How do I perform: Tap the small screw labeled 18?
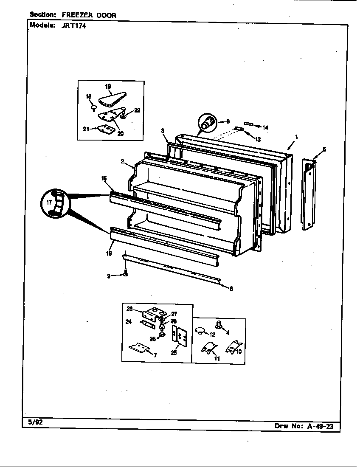pos(93,108)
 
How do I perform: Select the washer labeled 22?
pos(123,116)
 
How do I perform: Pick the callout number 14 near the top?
pos(265,127)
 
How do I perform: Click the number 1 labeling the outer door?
pos(296,137)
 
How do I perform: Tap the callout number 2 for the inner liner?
pos(122,161)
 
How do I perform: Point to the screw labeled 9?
pos(126,273)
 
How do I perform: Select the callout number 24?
pos(128,322)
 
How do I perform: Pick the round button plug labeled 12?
pos(199,330)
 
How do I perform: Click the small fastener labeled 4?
pos(219,325)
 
